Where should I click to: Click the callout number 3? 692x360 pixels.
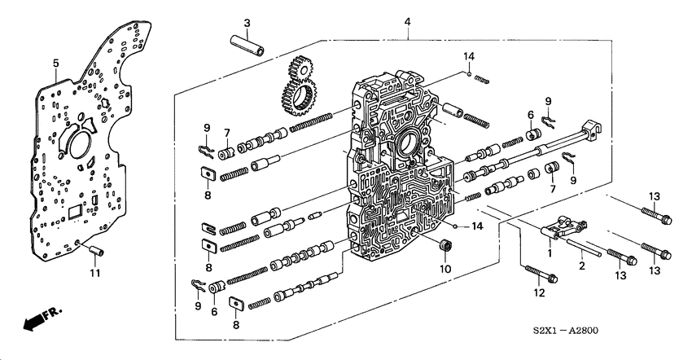[x=224, y=21]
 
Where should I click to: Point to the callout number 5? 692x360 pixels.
[x=55, y=63]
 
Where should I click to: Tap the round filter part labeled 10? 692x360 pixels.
[x=445, y=247]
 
